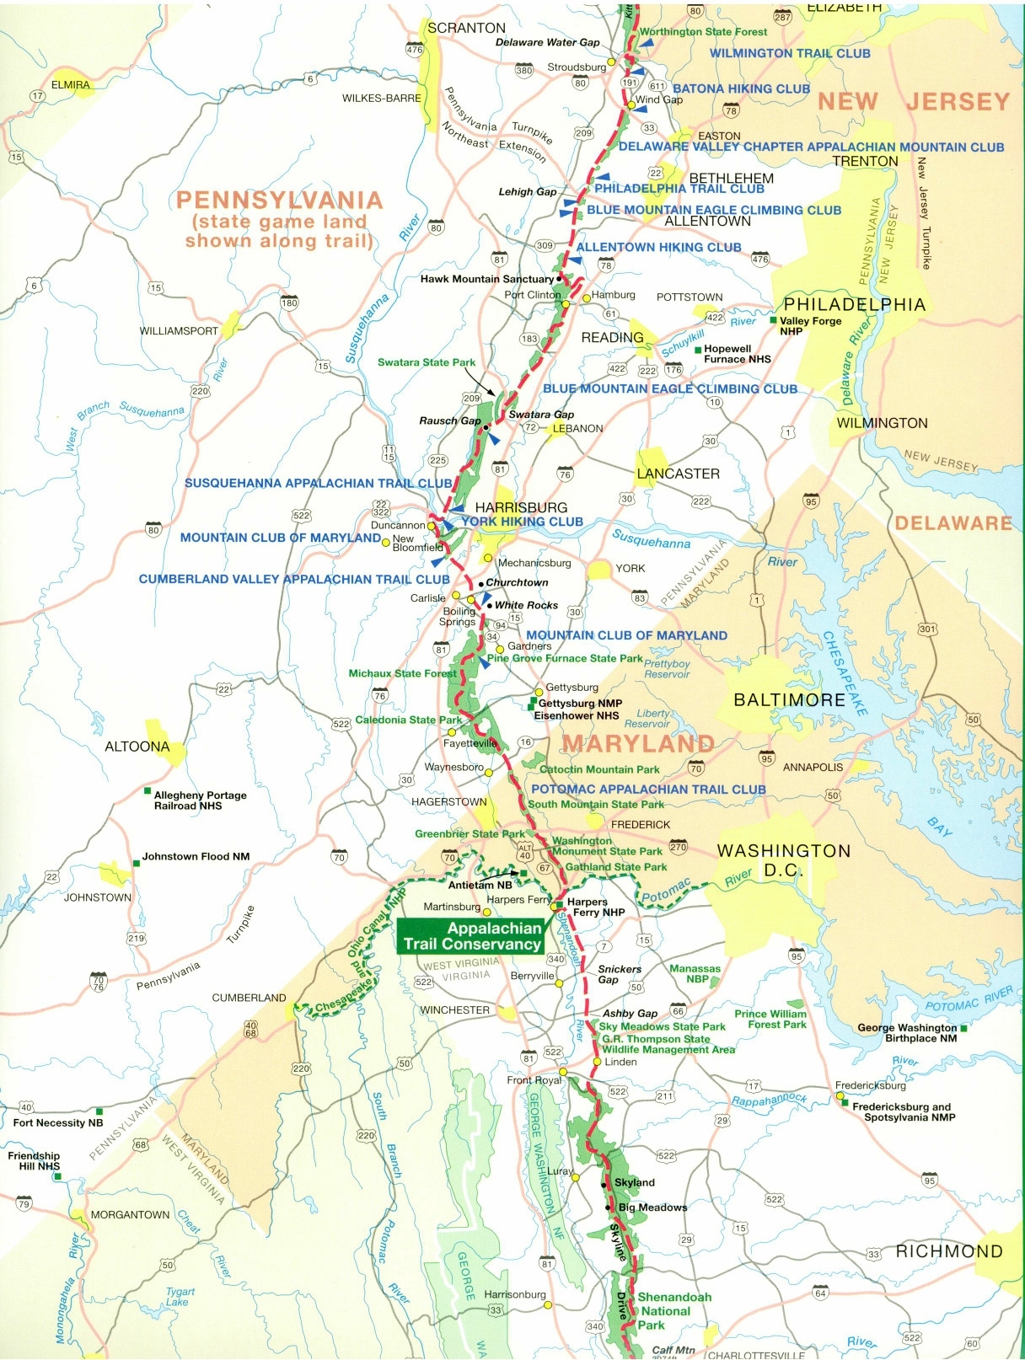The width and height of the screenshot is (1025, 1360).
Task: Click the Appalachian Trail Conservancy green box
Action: pyautogui.click(x=471, y=936)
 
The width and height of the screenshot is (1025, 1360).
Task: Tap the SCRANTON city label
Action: pyautogui.click(x=466, y=28)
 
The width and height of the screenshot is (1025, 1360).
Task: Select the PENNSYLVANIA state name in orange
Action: pyautogui.click(x=279, y=201)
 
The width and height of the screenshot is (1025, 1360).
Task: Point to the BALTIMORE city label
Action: pyautogui.click(x=789, y=699)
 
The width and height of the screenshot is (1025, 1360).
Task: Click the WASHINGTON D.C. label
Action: pyautogui.click(x=784, y=860)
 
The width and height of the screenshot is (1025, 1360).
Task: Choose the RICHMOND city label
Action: pyautogui.click(x=949, y=1251)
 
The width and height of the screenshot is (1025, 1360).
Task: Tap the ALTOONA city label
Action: pyautogui.click(x=137, y=747)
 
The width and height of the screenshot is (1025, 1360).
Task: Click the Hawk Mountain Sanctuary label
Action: pyautogui.click(x=486, y=279)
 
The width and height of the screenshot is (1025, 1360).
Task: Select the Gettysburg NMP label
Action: pyautogui.click(x=580, y=703)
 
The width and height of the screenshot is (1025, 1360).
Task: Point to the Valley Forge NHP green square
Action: pyautogui.click(x=773, y=321)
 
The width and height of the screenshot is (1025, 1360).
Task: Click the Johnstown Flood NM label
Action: pyautogui.click(x=196, y=856)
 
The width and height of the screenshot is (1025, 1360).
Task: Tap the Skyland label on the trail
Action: pyautogui.click(x=634, y=1182)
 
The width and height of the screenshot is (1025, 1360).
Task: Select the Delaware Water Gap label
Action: pyautogui.click(x=547, y=42)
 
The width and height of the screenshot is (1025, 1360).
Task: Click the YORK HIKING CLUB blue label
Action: pyautogui.click(x=522, y=522)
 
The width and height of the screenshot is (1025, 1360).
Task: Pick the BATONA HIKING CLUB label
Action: pyautogui.click(x=741, y=88)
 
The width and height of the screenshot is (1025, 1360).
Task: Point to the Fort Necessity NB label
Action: pyautogui.click(x=57, y=1122)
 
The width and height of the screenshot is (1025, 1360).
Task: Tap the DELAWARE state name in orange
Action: pyautogui.click(x=953, y=523)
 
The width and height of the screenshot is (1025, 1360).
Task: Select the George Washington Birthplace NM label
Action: pyautogui.click(x=907, y=1033)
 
